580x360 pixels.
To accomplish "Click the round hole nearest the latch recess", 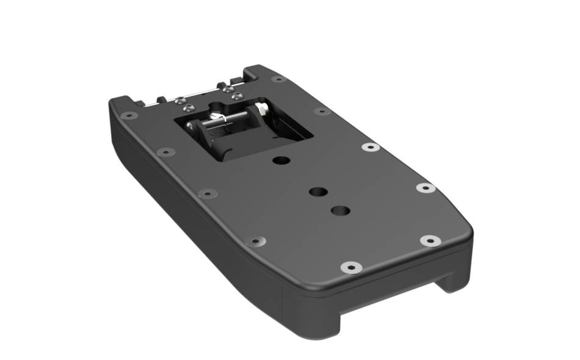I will click(281, 160).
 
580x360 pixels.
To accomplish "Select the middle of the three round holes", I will click(318, 192).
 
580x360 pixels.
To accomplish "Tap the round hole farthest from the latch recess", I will click(340, 211).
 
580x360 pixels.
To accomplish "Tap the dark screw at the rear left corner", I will click(129, 115).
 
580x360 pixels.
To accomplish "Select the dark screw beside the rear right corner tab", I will click(278, 79).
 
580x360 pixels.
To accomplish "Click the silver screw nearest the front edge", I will click(351, 267).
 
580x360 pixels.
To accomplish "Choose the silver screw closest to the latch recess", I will click(371, 147).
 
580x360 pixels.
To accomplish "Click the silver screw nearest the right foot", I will click(430, 240).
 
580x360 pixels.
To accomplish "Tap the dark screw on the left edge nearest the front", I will click(255, 241).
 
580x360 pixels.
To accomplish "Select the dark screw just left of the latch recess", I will click(165, 151).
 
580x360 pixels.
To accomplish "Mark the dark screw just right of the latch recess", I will click(322, 111).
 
